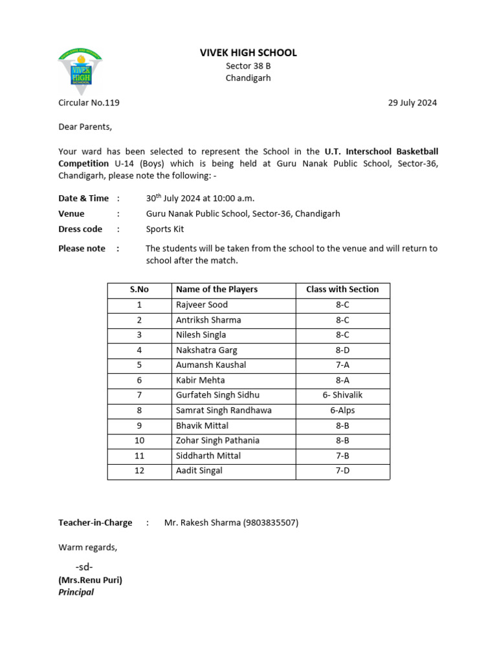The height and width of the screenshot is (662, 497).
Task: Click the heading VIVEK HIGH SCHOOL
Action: click(248, 53)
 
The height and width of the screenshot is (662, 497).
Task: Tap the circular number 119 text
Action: click(89, 102)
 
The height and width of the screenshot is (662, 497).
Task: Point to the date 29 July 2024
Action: click(412, 102)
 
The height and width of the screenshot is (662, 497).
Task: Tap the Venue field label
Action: click(71, 213)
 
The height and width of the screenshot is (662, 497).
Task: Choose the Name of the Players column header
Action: click(217, 290)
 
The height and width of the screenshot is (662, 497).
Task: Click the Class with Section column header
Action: click(342, 290)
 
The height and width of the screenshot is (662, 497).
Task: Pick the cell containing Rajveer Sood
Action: click(202, 304)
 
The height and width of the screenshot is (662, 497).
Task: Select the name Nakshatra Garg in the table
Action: click(206, 350)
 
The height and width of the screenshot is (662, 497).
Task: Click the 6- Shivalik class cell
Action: click(342, 395)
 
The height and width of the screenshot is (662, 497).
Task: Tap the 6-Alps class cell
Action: click(342, 411)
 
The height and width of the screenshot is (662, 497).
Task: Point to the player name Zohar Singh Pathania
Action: click(217, 440)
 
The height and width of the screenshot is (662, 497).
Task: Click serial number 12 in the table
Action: click(139, 471)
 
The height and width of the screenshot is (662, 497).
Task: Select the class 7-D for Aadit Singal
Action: click(342, 471)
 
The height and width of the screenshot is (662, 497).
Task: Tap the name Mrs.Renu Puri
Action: click(91, 580)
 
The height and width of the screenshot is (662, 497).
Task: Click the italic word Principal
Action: click(76, 592)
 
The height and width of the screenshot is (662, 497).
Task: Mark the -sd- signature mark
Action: click(84, 567)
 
